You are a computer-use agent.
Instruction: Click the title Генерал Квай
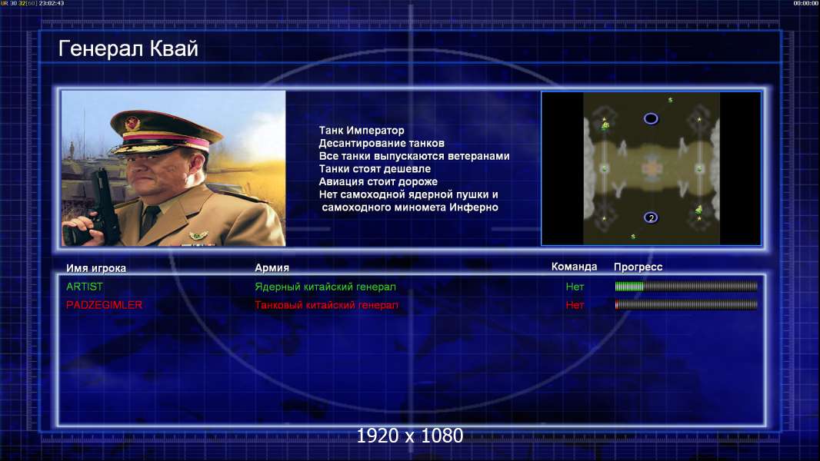coord(128,48)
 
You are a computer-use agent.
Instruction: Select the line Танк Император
coord(362,131)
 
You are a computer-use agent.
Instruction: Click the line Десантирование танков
coord(382,143)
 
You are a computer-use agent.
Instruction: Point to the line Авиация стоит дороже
coord(378,181)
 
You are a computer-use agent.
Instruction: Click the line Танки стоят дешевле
coord(375,168)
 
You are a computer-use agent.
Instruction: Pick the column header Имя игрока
coord(95,268)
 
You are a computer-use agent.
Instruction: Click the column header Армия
coord(272,267)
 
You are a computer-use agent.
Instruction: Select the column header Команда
coord(574,267)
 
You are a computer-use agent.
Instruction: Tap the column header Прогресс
coord(638,267)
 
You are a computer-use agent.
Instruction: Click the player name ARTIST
coord(84,287)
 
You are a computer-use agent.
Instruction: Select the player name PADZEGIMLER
coord(104,305)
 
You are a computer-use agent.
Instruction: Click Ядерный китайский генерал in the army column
coord(325,287)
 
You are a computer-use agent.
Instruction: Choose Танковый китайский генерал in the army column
coord(326,305)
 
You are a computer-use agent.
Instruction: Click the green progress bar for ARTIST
coord(629,286)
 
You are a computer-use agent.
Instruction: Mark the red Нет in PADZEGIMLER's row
coord(575,305)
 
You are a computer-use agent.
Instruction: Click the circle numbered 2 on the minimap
coord(651,217)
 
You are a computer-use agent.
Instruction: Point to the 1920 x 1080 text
coord(409,436)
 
